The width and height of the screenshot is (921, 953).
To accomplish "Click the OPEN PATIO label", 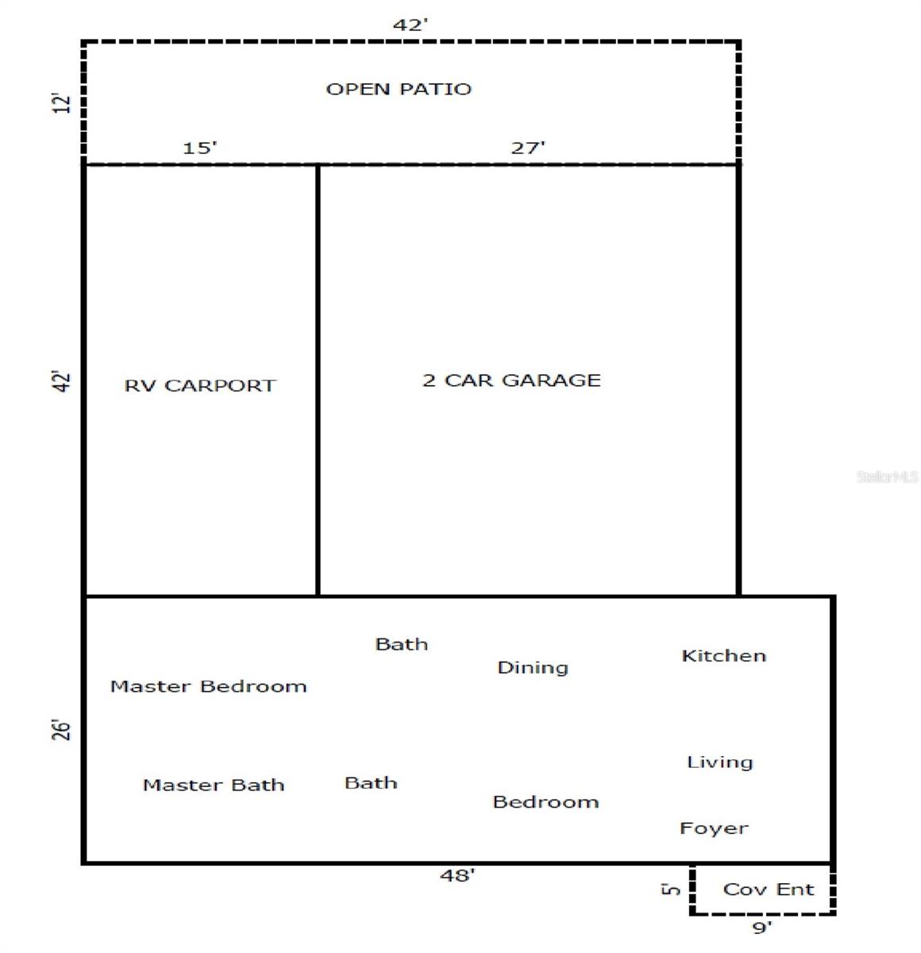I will click(x=399, y=89).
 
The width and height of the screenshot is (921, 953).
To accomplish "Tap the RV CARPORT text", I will click(x=200, y=386).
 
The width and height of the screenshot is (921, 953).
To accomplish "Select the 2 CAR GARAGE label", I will click(x=511, y=380).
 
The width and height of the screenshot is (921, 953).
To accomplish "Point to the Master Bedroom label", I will click(x=208, y=686).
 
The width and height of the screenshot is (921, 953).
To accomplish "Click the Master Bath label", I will click(x=214, y=785).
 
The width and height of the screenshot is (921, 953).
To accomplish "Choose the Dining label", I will click(x=533, y=667).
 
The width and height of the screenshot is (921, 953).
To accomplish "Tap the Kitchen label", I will click(x=723, y=656).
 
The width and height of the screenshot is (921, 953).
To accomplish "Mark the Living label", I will click(x=719, y=762).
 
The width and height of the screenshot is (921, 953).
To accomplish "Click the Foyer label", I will click(x=714, y=828).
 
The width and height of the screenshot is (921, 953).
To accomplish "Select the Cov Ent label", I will click(x=768, y=889).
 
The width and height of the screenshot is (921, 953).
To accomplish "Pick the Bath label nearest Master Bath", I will click(x=371, y=783).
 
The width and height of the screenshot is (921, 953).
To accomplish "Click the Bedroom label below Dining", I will click(x=545, y=802).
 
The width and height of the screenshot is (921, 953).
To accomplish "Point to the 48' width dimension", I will click(x=457, y=875).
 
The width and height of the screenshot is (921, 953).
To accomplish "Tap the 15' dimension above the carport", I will click(x=199, y=148).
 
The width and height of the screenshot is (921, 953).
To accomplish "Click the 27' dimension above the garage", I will click(x=527, y=148).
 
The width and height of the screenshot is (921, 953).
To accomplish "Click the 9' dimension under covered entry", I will click(x=761, y=927).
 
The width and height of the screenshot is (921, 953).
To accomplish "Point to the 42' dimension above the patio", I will click(x=410, y=25).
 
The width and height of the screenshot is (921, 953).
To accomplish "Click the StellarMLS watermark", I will click(x=887, y=476).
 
